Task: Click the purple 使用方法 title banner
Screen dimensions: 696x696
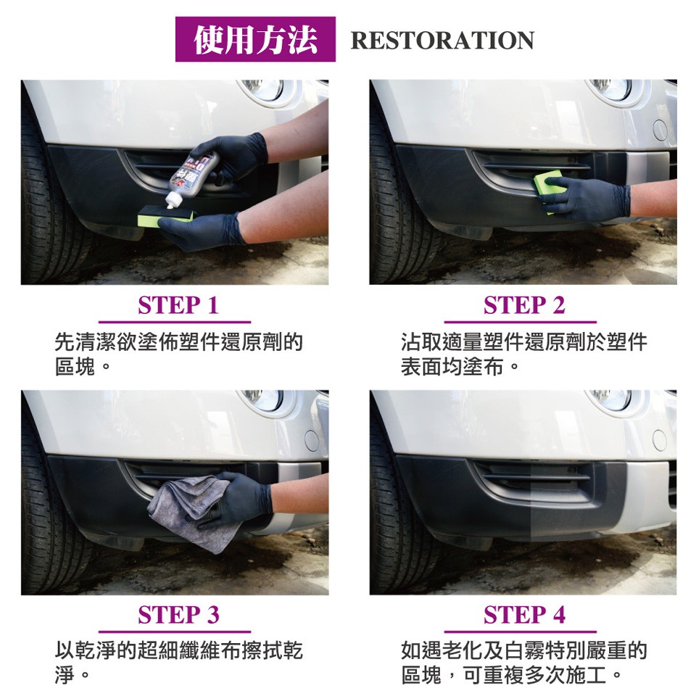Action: click(255, 39)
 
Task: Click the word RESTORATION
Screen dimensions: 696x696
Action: click(442, 41)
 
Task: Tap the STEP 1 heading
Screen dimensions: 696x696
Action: click(178, 305)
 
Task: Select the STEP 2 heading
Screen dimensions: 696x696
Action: click(524, 305)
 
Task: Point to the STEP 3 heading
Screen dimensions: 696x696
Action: click(178, 616)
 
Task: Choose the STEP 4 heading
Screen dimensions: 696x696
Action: click(524, 616)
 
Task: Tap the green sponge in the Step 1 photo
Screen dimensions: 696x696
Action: click(165, 218)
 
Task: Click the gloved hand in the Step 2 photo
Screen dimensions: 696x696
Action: click(586, 199)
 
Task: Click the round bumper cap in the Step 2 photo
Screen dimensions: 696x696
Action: click(660, 130)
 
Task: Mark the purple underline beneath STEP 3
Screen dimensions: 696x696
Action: click(175, 631)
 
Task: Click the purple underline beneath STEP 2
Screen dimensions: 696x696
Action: click(521, 322)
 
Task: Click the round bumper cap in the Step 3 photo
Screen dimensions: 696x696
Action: click(312, 440)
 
